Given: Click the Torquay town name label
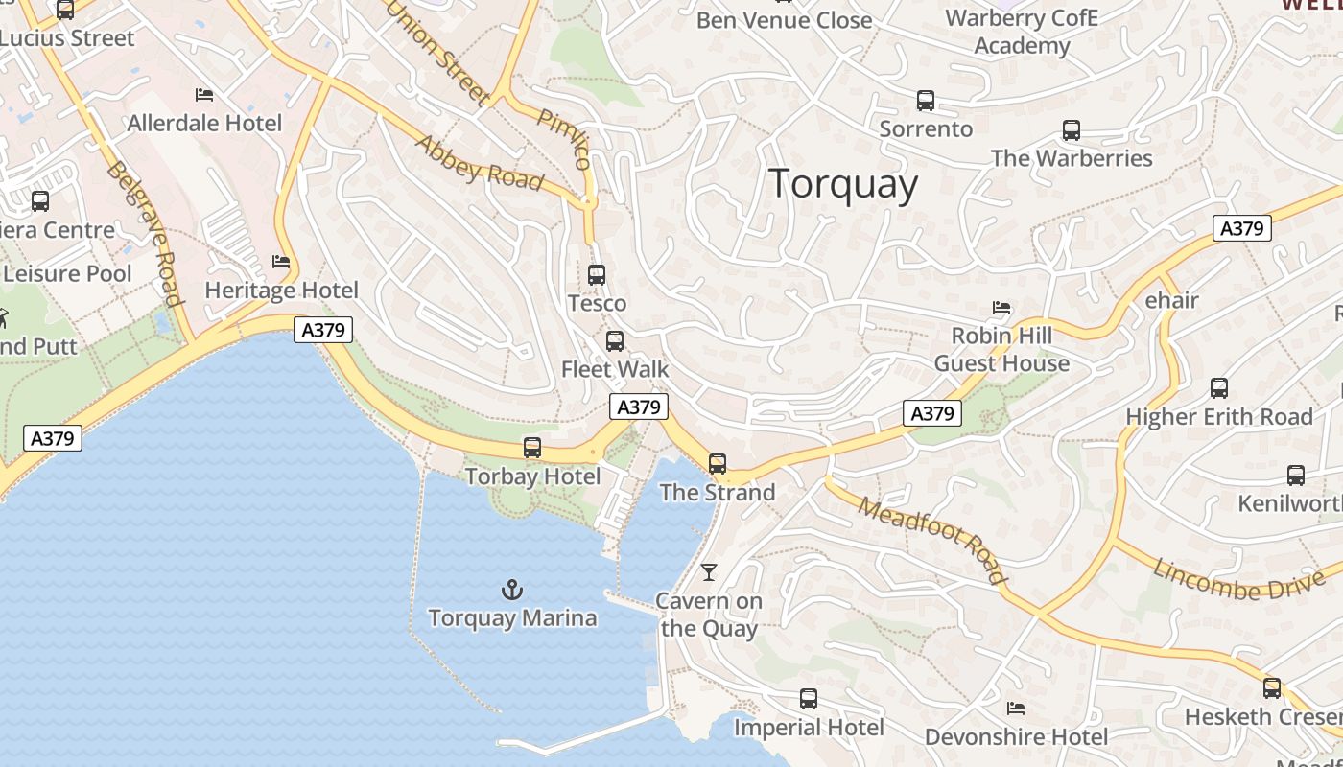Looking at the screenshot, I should tap(843, 183).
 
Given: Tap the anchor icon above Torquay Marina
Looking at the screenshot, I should tap(512, 590).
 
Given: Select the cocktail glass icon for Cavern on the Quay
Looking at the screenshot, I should tap(709, 572).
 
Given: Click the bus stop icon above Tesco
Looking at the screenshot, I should tap(597, 275).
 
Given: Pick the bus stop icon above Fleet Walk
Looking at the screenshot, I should tap(615, 340).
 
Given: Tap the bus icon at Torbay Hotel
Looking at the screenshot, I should tap(532, 447).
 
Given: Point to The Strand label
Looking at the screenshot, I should tap(718, 493).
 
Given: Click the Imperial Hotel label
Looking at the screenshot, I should tap(809, 728).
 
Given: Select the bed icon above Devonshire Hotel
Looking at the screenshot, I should tap(1016, 709).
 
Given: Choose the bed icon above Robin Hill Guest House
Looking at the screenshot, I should tap(1001, 308).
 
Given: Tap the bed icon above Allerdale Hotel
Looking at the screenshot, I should tap(204, 94).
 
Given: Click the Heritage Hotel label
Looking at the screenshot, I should tap(282, 291).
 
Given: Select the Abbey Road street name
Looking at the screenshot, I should tap(480, 162).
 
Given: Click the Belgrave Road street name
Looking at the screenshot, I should tap(144, 233).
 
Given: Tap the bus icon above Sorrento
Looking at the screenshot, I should tap(926, 100).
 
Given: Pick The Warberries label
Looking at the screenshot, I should tap(1072, 158).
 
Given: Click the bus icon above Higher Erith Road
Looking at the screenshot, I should tap(1219, 388).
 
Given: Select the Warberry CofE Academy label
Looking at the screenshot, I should tap(1022, 32).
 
